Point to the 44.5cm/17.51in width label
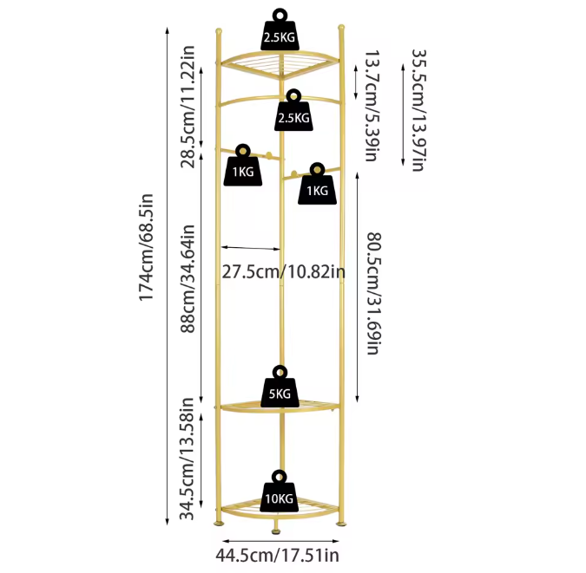pyautogui.click(x=278, y=554)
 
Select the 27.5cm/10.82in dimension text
pyautogui.click(x=283, y=271)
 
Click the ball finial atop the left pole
pyautogui.click(x=217, y=33)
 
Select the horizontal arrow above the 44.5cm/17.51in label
pyautogui.click(x=279, y=537)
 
